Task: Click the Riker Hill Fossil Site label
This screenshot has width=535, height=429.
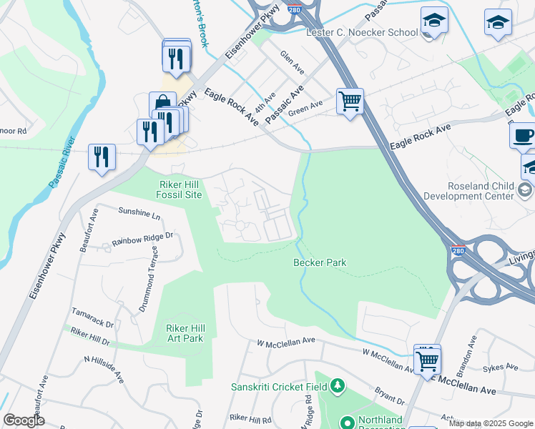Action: (180, 189)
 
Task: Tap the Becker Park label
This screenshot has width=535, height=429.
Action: (320, 263)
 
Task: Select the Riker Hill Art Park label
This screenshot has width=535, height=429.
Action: (185, 333)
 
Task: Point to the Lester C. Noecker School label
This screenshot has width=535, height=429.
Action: (362, 33)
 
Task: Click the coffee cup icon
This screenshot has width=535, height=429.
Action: (522, 135)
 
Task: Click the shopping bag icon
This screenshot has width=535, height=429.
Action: (163, 104)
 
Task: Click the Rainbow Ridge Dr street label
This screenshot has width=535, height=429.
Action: (142, 240)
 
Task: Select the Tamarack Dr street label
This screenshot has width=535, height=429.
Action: (92, 318)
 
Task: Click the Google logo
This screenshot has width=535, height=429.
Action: (24, 420)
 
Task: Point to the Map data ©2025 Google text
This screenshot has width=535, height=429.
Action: (490, 423)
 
